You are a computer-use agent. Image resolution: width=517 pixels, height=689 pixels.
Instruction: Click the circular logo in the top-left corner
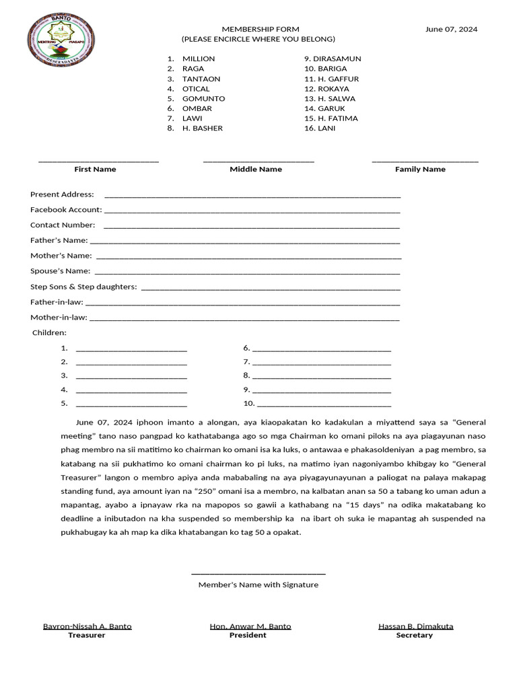click(61, 40)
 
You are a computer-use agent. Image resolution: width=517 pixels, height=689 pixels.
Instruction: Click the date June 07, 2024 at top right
click(451, 29)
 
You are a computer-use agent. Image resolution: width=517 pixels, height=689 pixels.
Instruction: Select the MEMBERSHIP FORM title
click(261, 29)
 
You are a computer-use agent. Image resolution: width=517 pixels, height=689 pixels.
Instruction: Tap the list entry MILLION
click(198, 59)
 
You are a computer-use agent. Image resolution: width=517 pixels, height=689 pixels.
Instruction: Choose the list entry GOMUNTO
click(203, 98)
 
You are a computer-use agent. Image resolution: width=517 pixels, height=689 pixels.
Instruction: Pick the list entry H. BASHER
click(202, 128)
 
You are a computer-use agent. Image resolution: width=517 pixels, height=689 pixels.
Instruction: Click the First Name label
click(95, 169)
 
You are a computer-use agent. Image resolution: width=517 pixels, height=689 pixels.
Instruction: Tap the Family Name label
click(420, 169)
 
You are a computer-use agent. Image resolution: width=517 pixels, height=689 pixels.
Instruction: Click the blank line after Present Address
click(252, 195)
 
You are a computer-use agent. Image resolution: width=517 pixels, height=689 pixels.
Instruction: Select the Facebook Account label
click(66, 209)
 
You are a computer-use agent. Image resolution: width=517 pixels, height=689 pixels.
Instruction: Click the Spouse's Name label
click(60, 270)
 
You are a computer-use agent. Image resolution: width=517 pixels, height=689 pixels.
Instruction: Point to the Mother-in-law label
click(59, 317)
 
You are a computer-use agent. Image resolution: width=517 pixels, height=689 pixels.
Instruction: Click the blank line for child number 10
click(324, 404)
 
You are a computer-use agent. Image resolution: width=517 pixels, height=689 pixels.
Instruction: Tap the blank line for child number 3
click(131, 376)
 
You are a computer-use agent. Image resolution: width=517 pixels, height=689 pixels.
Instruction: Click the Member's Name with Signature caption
click(258, 585)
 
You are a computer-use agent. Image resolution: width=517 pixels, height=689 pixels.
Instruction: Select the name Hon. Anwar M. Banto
click(250, 626)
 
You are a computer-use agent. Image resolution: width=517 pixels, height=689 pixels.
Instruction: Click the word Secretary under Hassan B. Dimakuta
click(415, 635)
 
